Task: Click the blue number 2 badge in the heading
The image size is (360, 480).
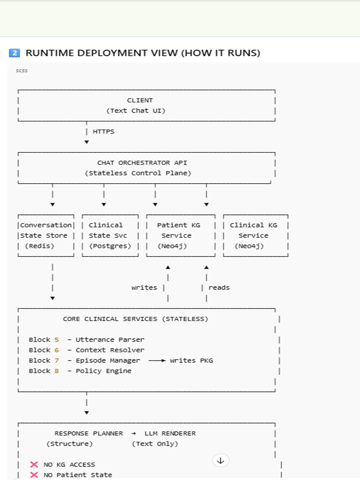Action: coord(15,53)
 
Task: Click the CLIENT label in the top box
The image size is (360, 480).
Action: coord(140,100)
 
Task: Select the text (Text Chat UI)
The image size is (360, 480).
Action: coord(139,110)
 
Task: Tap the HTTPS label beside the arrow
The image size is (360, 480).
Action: coord(103,131)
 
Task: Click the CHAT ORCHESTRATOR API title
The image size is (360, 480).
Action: coord(142,163)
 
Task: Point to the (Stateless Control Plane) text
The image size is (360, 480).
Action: coord(138,173)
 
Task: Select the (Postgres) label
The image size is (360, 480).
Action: coord(110,246)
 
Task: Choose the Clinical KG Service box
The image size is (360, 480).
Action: coord(255,236)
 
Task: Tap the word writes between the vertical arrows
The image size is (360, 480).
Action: coord(144,288)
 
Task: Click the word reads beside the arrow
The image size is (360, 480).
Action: coord(219,288)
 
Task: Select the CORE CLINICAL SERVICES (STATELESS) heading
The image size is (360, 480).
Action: coord(135,319)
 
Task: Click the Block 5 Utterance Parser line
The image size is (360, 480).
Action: coord(87,340)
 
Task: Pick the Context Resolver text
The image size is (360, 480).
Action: coord(110,350)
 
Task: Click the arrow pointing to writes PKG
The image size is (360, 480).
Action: coord(157,361)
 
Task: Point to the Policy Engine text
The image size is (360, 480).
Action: coord(103,371)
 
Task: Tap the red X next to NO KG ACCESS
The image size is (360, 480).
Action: coord(34,465)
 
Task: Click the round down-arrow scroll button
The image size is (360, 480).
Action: coord(221,460)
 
